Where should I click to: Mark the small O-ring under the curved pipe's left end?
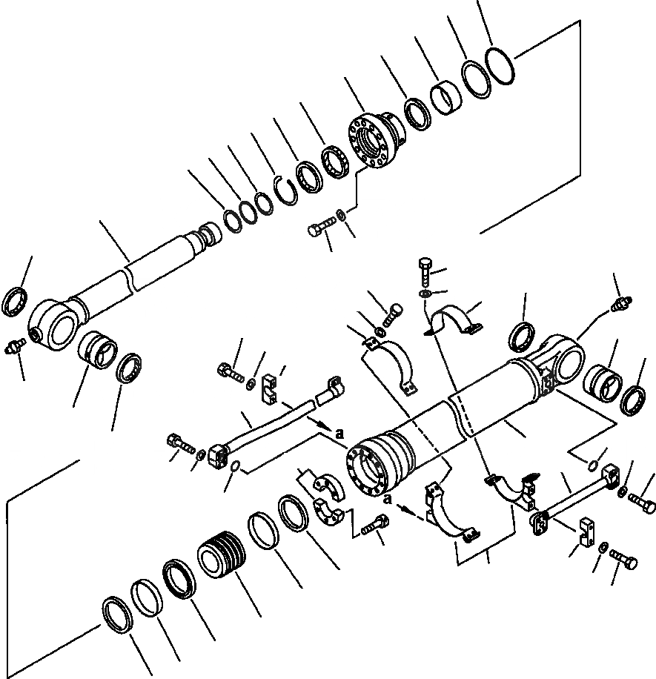[x=233, y=466]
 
